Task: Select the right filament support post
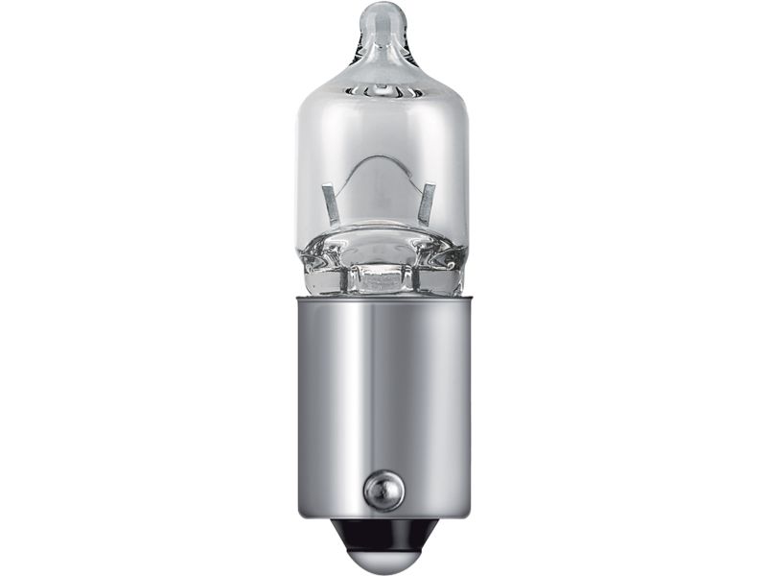[x=427, y=204]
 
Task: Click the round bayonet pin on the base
[x=383, y=491]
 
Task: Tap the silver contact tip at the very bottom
[x=383, y=557]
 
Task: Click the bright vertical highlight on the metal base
[x=355, y=403]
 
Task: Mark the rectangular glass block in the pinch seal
[x=383, y=278]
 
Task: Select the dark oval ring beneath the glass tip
[x=383, y=89]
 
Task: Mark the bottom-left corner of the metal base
[x=301, y=515]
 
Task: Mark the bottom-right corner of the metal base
[x=466, y=515]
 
